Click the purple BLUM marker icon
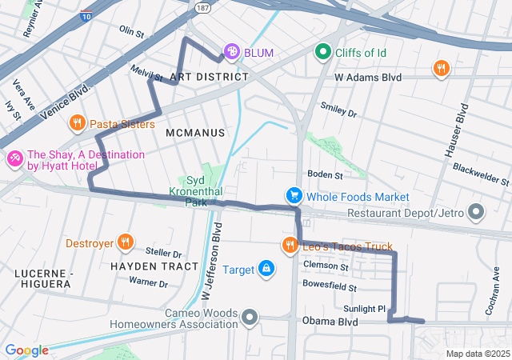(x=231, y=53)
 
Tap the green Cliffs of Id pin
(x=323, y=52)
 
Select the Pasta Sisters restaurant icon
(x=78, y=123)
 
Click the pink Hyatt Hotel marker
(x=14, y=160)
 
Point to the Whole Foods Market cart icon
(x=294, y=196)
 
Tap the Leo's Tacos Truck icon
(x=289, y=246)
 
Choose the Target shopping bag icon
(x=266, y=270)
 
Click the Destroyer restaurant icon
(x=125, y=242)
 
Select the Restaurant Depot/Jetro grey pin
(x=477, y=213)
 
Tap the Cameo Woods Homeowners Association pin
(x=250, y=318)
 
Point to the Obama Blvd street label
(x=330, y=322)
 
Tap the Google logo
(x=26, y=350)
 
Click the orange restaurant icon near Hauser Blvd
(x=440, y=69)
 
